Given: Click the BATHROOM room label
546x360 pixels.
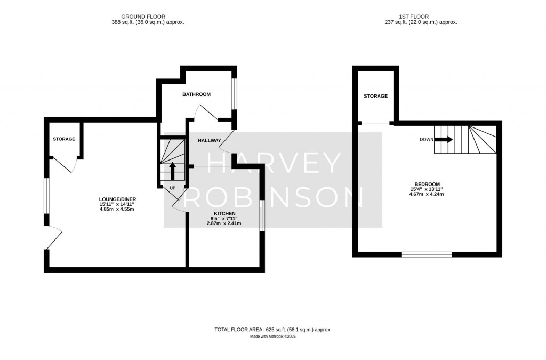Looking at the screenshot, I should pos(196,94).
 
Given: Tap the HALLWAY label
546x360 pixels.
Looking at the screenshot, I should pos(209,141).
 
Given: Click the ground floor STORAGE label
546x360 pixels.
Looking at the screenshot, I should pos(64,139).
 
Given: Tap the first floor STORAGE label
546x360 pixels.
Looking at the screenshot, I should pos(375,96).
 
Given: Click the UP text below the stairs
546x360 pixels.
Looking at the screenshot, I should pos(172,188).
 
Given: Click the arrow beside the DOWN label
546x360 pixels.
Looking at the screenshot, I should pos(444,140).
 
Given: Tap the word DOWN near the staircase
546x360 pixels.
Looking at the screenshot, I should pos(427,140).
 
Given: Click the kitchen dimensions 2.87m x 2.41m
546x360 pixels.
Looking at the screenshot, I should pos(223,223).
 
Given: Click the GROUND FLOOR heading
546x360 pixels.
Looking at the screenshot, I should pos(145,17).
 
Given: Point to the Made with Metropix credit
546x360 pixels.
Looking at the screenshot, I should pos(272,337).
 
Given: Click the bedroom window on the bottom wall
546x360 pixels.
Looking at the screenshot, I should pos(427,254).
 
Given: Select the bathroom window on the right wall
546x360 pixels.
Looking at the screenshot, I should pos(234,95).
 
